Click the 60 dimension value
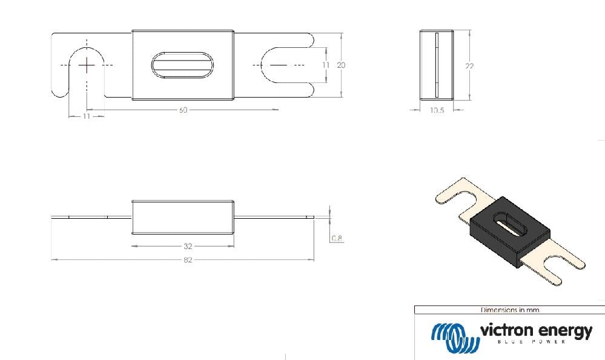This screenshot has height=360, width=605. tap(182, 110)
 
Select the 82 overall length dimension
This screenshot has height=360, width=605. tap(188, 260)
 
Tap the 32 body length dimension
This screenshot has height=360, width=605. tap(188, 246)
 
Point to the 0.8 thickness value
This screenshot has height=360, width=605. tap(337, 238)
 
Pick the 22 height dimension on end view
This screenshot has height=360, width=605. tap(469, 66)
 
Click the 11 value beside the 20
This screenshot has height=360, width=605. tap(325, 65)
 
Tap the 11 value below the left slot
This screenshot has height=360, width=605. tap(85, 116)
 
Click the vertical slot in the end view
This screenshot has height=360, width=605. tap(435, 65)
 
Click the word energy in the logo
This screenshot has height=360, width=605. tap(563, 332)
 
